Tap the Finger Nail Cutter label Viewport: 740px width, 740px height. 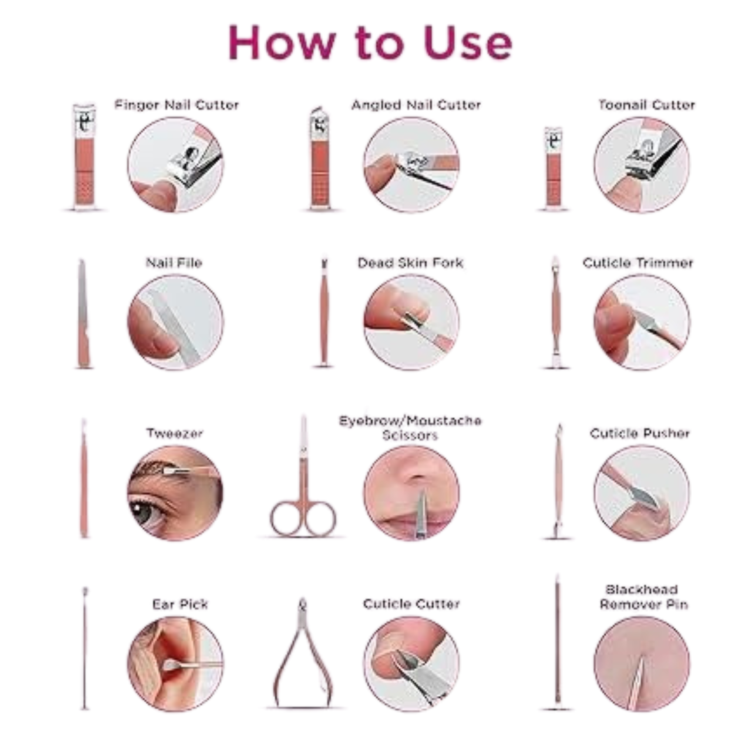coord(176,105)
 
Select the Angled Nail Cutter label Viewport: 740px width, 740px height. coord(416,105)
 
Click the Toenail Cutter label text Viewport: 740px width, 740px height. coord(646,105)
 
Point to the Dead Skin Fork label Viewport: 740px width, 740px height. coord(410,263)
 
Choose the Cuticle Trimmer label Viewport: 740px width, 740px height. coord(638,263)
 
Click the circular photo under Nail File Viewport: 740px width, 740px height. coord(175,323)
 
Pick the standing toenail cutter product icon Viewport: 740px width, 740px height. coord(553,168)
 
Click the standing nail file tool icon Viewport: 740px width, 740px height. coord(84,314)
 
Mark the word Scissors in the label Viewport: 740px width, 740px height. coord(410,435)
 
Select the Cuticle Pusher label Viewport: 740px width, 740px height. coord(640,433)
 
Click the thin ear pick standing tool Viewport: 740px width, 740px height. coord(85,647)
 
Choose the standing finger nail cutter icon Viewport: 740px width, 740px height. coord(84,157)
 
